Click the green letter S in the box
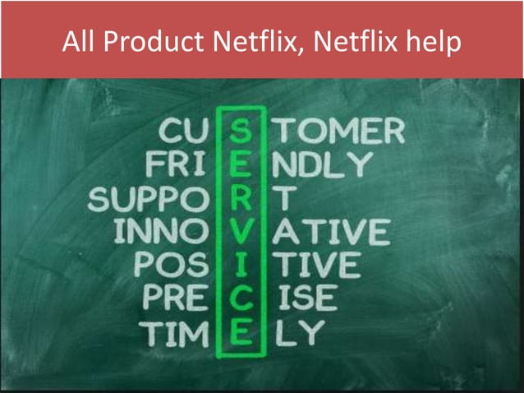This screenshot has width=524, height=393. pyautogui.click(x=240, y=132)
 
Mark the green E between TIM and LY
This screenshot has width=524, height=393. pyautogui.click(x=240, y=333)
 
